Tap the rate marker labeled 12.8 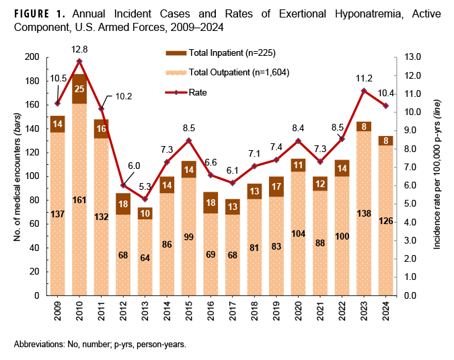click(x=79, y=61)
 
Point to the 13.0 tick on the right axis click(x=412, y=57)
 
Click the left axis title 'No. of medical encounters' click(x=16, y=176)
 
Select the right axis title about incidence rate click(x=437, y=176)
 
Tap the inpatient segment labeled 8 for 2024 click(x=385, y=140)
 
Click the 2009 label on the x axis click(x=58, y=311)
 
